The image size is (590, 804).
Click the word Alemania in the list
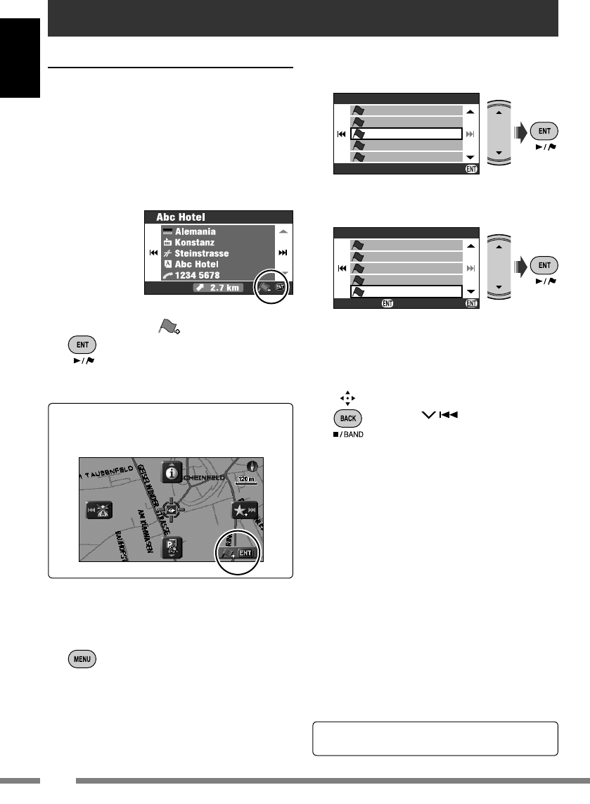(195, 231)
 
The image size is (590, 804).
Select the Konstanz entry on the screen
(195, 242)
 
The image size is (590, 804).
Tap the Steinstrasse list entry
(202, 253)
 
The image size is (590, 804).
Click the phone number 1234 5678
(201, 276)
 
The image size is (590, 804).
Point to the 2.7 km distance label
(223, 288)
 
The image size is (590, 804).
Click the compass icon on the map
(253, 466)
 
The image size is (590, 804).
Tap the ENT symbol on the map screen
(244, 553)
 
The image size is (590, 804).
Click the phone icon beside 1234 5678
(167, 276)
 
